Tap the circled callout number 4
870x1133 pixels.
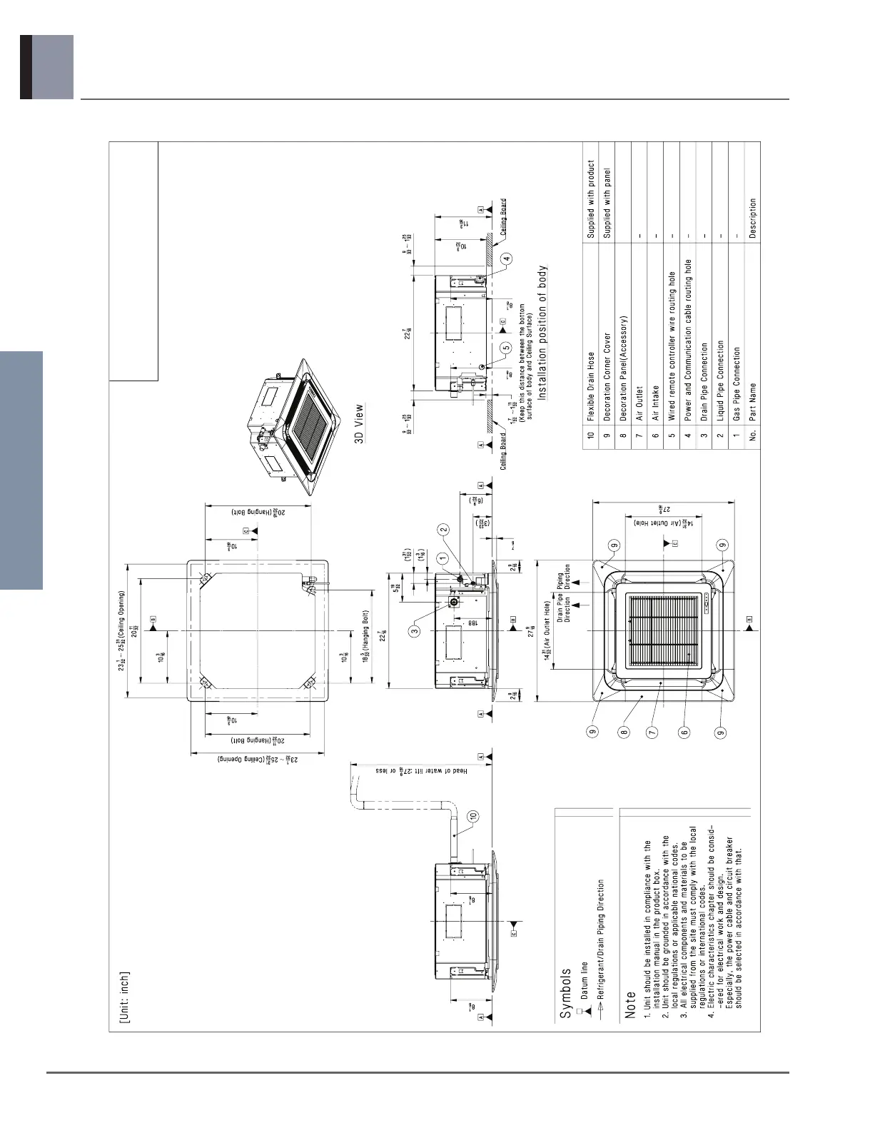[506, 258]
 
